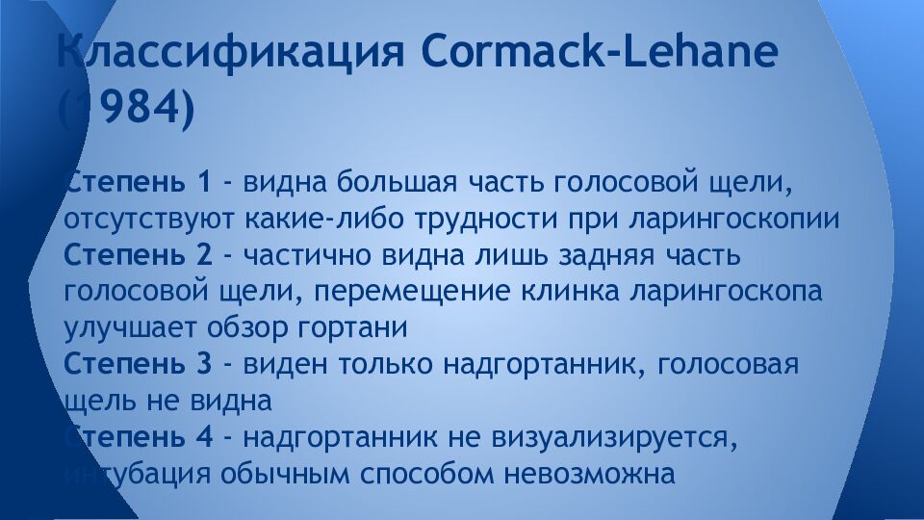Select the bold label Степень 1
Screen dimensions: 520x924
coord(138,182)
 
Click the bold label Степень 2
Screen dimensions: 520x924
coord(138,255)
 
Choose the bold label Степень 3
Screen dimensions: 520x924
coord(138,364)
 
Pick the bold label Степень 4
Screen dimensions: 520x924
coord(138,437)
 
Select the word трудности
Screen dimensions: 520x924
coord(473,219)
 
